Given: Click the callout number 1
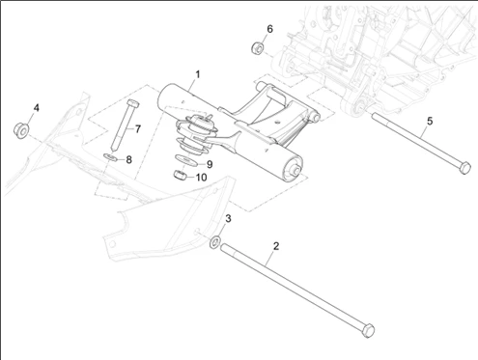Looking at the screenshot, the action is [x=198, y=74].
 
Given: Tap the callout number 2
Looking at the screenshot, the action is [x=276, y=246].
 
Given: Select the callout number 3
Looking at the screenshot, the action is [x=228, y=219].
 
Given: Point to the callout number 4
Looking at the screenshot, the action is [x=37, y=108].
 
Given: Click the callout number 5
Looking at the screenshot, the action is [x=430, y=122].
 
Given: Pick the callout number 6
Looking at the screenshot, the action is [x=269, y=29].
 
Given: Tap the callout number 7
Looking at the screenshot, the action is [x=138, y=129].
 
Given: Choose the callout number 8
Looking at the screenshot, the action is [x=128, y=159].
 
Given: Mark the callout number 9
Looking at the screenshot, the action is [x=210, y=165].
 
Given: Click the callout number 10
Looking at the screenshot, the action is [x=201, y=178].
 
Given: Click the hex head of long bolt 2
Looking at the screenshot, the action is [x=368, y=330].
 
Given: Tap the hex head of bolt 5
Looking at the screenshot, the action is [x=464, y=168].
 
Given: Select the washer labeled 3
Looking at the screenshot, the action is [x=215, y=242].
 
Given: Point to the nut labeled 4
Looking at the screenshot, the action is [x=21, y=130].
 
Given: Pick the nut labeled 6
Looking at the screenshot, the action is [x=258, y=48].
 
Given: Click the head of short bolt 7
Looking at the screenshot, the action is [x=133, y=103].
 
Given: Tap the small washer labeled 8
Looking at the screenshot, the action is [x=111, y=157].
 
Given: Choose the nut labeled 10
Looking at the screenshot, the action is [x=181, y=176].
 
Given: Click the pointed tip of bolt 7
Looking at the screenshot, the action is [x=114, y=150].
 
